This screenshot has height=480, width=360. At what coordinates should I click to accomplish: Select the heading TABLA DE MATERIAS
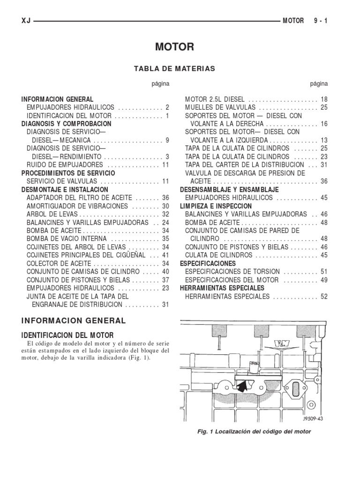pos(174,68)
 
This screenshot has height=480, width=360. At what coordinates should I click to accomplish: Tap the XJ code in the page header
pos(26,21)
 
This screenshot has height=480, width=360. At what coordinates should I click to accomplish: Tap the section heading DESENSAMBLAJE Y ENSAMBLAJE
pos(229,189)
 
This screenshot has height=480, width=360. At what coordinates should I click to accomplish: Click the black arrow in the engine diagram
pos(242,386)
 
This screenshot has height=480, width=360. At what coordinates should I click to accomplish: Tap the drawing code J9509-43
pos(313,419)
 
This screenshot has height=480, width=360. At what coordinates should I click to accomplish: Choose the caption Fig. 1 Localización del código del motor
pos(254,431)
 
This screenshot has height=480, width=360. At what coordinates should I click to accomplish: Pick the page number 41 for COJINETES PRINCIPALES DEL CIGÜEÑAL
pos(165,255)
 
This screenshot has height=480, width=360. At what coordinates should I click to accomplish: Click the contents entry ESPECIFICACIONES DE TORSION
pos(232,271)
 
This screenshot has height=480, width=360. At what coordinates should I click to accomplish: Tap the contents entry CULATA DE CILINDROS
pos(218,255)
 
